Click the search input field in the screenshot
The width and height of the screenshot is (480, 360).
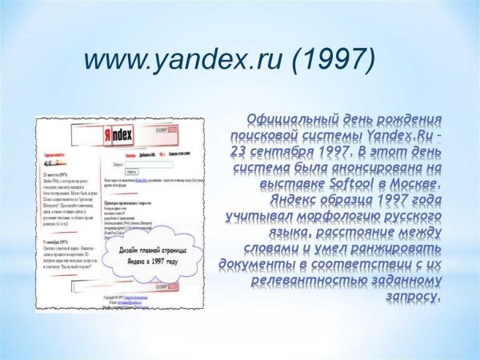[x=147, y=164]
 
